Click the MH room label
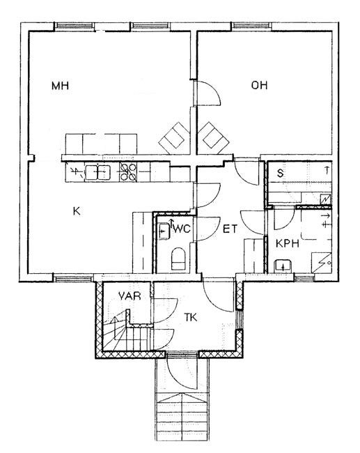[x=60, y=86]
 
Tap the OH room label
[x=259, y=85]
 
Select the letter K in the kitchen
[x=77, y=211]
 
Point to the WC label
[x=182, y=229]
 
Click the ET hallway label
[x=230, y=229]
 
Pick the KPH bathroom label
[x=288, y=243]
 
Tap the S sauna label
[x=280, y=174]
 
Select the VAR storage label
[x=130, y=295]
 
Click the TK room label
[x=191, y=318]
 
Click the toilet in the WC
[x=178, y=259]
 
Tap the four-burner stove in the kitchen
[x=128, y=172]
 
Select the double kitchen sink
[x=98, y=172]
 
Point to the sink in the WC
[x=164, y=231]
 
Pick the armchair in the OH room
[x=213, y=138]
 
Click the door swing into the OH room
[x=213, y=89]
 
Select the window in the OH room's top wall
[x=252, y=26]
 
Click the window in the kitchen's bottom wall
[x=73, y=279]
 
